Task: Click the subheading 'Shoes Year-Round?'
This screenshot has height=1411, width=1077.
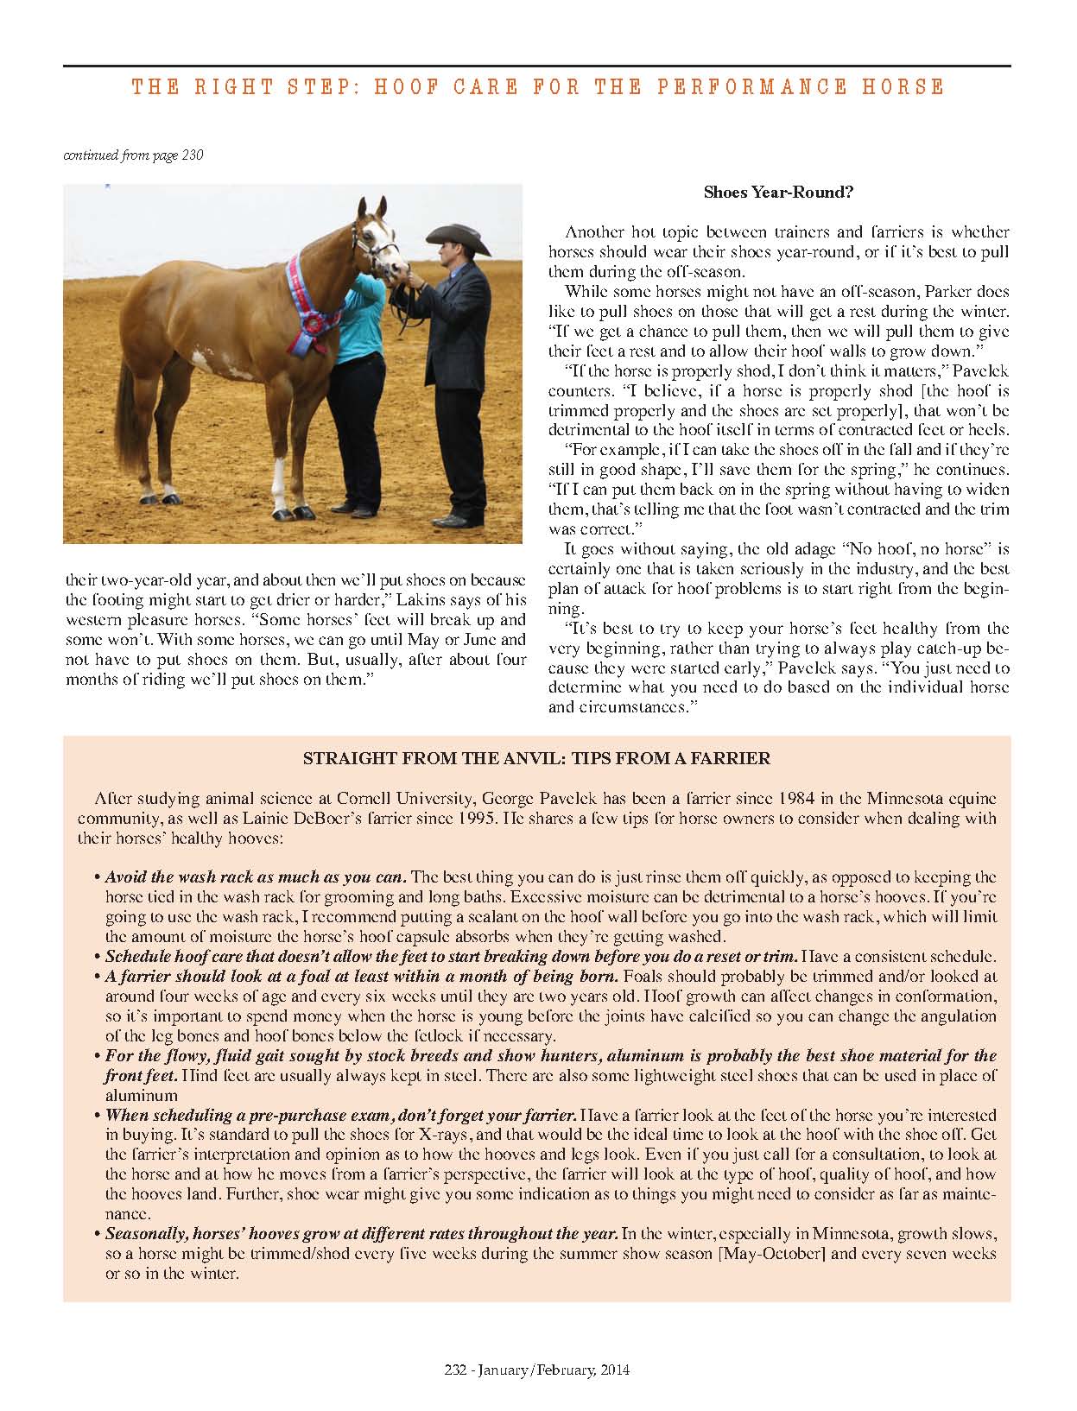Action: pos(778,192)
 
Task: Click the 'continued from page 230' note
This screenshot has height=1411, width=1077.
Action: pos(133,155)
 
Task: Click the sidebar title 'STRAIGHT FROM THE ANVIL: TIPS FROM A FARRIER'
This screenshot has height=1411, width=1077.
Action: pos(535,759)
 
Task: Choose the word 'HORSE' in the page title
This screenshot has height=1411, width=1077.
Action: pos(903,87)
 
